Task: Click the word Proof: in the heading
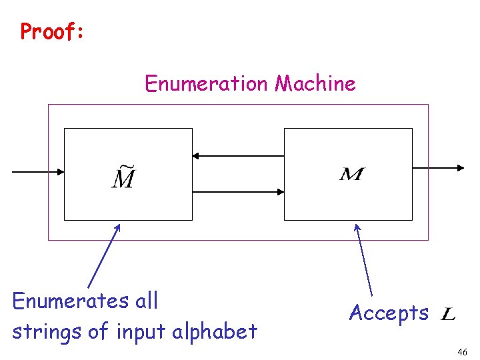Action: (x=52, y=31)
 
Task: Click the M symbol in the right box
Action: (x=352, y=175)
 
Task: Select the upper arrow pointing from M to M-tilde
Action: (x=238, y=156)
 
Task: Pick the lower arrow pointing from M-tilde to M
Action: (x=238, y=192)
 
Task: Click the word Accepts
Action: (x=389, y=313)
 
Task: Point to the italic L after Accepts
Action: (x=449, y=313)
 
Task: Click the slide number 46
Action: (x=463, y=351)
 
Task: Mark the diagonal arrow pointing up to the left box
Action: (x=104, y=256)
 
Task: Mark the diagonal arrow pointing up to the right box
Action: (x=364, y=260)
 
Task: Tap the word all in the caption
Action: (x=147, y=301)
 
